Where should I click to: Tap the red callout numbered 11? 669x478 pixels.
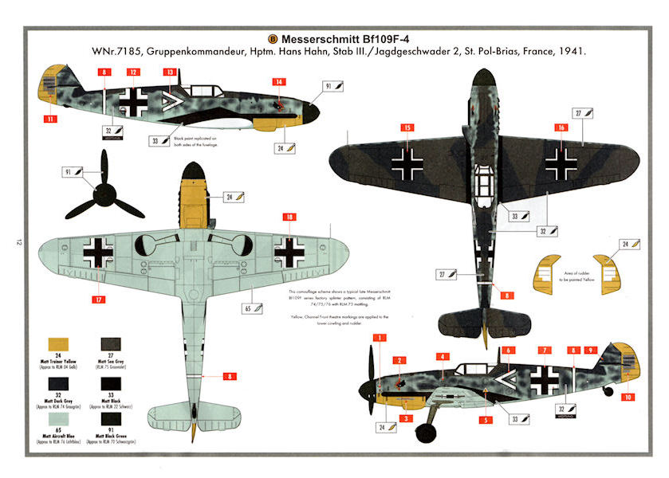click(x=51, y=119)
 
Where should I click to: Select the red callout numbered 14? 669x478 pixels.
click(x=279, y=81)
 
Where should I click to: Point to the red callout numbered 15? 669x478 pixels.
click(x=407, y=127)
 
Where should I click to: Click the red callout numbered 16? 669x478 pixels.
click(x=562, y=127)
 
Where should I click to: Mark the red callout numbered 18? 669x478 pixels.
click(x=289, y=217)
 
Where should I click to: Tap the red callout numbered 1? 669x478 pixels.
click(x=381, y=339)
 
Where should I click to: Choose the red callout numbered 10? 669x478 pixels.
click(x=628, y=397)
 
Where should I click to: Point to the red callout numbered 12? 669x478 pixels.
click(x=133, y=72)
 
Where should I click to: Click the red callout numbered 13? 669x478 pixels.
click(x=170, y=72)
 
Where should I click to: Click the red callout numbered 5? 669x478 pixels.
click(x=485, y=419)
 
